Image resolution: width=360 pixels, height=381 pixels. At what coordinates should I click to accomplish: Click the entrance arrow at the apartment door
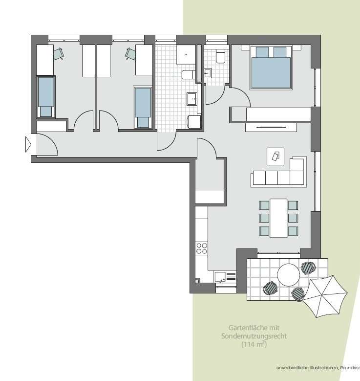pyautogui.click(x=28, y=144)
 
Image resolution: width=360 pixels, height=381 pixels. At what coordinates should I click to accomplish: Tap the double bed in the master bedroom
pyautogui.click(x=271, y=67)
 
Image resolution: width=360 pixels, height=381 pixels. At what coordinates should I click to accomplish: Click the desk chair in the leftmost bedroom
pyautogui.click(x=59, y=53)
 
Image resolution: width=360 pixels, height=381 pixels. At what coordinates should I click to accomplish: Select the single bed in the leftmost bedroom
pyautogui.click(x=46, y=97)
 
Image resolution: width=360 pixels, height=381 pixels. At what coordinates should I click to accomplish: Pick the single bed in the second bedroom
pyautogui.click(x=143, y=107)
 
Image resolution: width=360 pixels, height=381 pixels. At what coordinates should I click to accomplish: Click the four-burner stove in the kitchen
pyautogui.click(x=202, y=248)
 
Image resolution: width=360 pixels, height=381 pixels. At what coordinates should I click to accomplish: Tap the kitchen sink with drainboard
pyautogui.click(x=225, y=277)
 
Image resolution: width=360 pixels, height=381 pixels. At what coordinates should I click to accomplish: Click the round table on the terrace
pyautogui.click(x=288, y=275)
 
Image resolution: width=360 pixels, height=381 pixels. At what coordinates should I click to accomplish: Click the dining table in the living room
pyautogui.click(x=279, y=218)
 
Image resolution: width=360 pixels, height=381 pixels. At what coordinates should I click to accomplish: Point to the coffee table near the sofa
pyautogui.click(x=275, y=157)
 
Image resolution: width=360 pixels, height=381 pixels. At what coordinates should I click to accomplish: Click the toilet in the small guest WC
pyautogui.click(x=221, y=56)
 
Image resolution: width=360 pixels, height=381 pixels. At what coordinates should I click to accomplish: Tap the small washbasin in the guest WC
pyautogui.click(x=208, y=73)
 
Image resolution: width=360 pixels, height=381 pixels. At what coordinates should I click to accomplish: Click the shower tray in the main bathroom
pyautogui.click(x=186, y=54)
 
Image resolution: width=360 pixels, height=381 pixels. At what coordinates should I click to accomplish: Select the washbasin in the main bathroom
pyautogui.click(x=191, y=99)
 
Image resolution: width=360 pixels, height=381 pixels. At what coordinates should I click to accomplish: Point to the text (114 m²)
pyautogui.click(x=254, y=344)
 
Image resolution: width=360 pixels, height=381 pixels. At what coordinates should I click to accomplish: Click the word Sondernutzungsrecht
pyautogui.click(x=254, y=336)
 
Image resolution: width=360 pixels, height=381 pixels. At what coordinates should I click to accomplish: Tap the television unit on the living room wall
pyautogui.click(x=271, y=127)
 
